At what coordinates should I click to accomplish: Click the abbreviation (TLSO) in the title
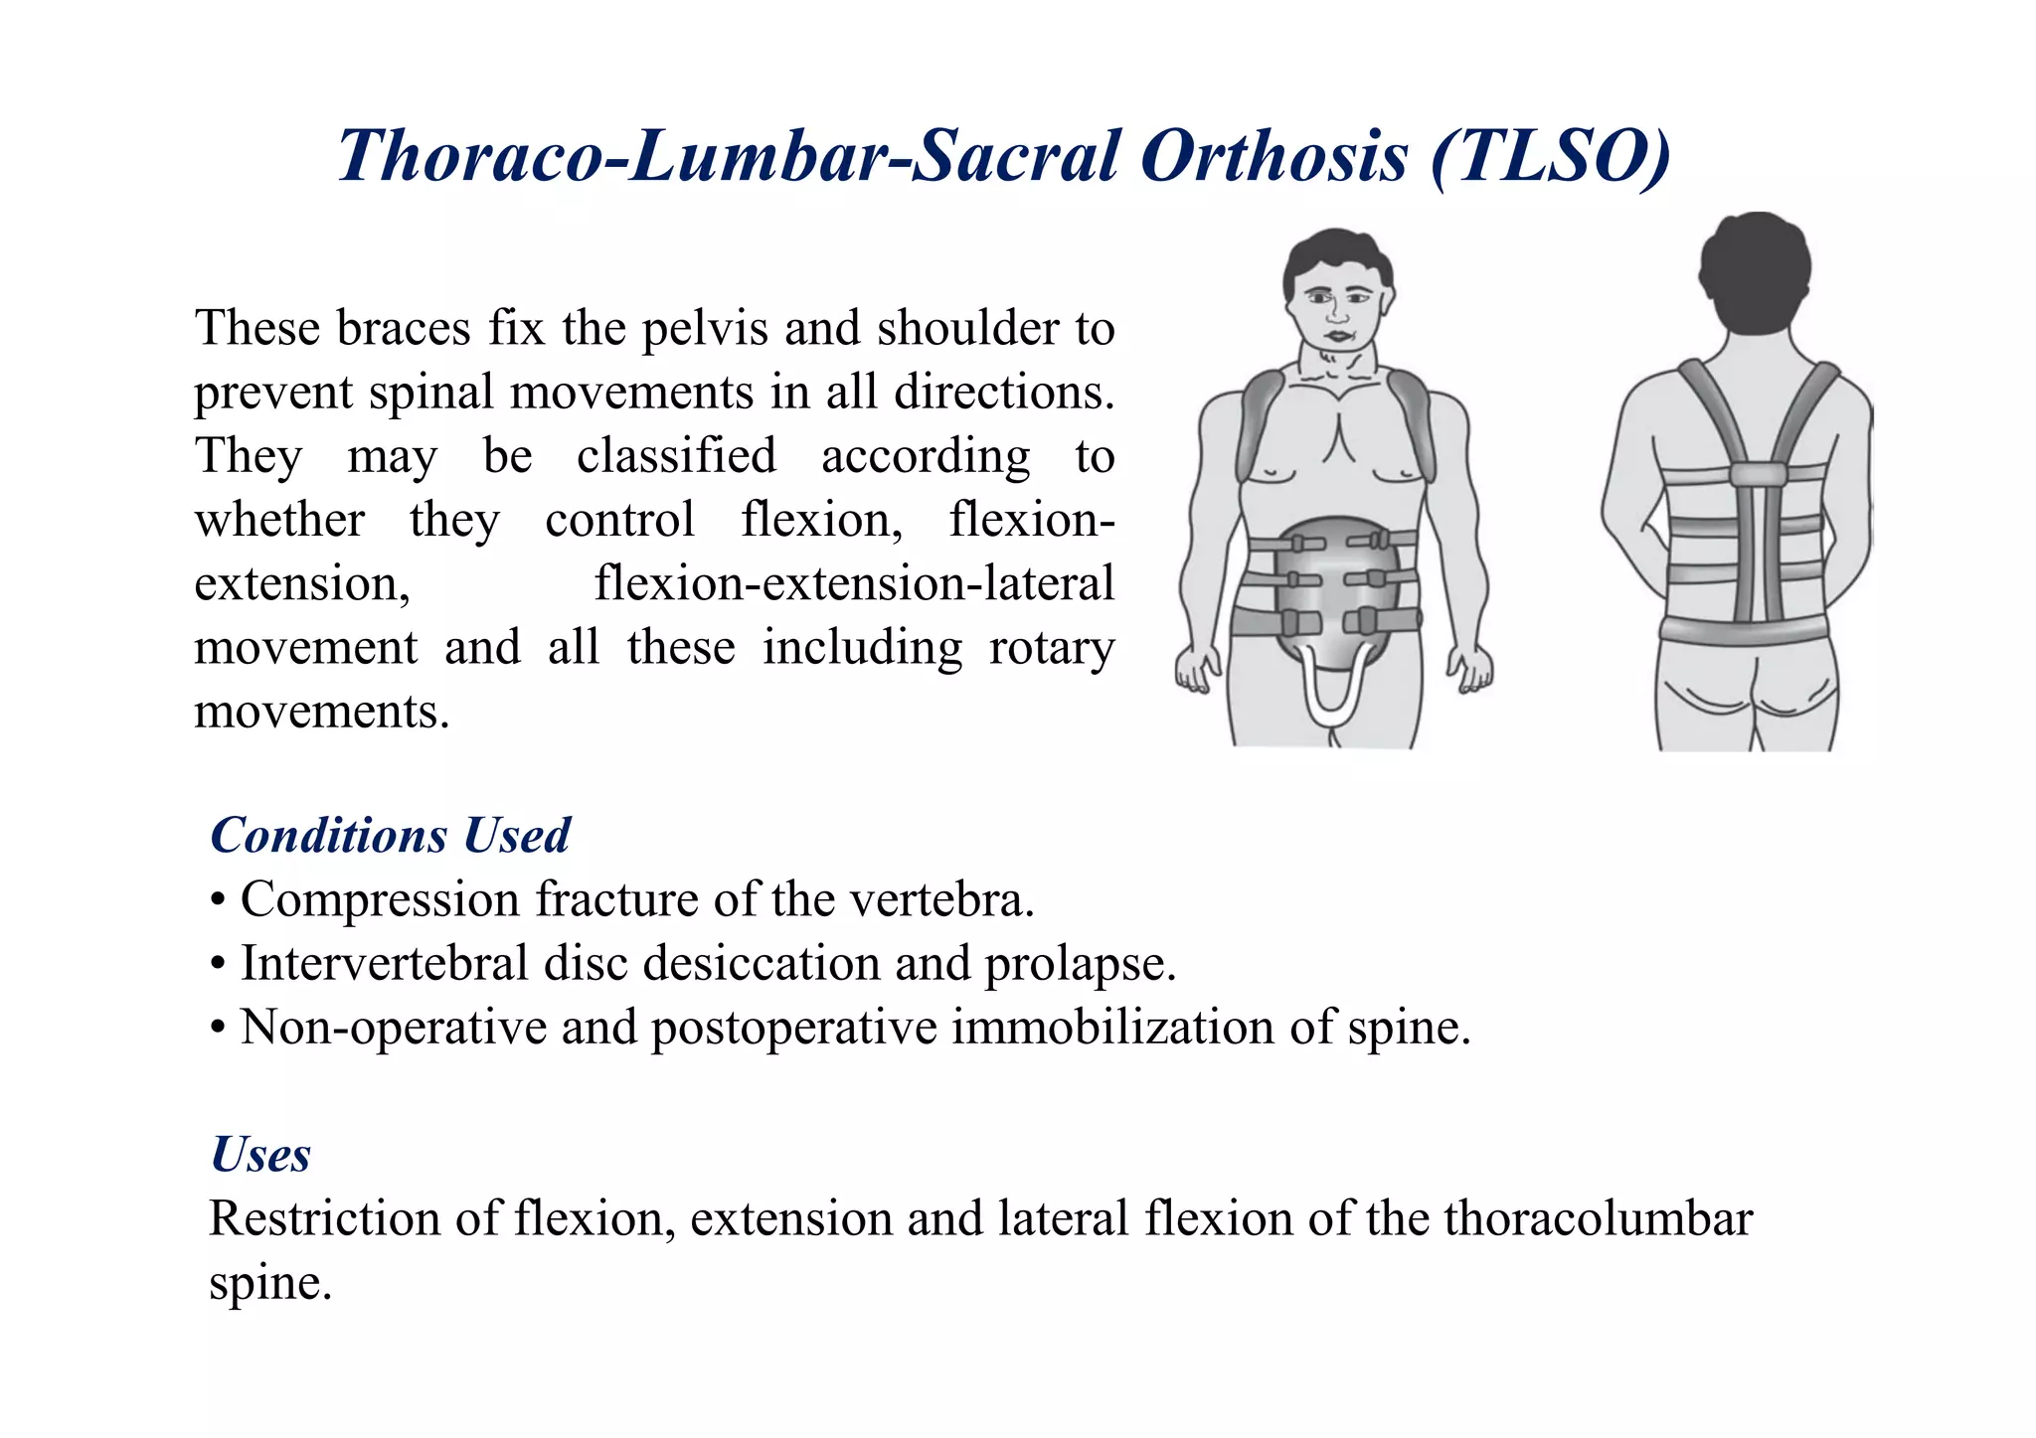coord(1551,157)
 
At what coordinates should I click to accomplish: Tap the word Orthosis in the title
coord(1274,157)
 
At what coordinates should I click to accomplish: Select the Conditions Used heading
coord(390,835)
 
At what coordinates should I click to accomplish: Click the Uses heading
coord(260,1155)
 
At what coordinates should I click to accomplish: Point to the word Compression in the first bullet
coord(380,900)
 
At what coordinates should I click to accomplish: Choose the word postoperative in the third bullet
coord(793,1028)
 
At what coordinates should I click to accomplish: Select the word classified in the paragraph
coord(676,456)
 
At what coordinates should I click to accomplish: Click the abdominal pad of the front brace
coord(1332,586)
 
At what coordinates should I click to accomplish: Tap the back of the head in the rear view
coord(1755,268)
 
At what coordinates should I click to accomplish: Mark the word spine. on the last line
coord(269,1284)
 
